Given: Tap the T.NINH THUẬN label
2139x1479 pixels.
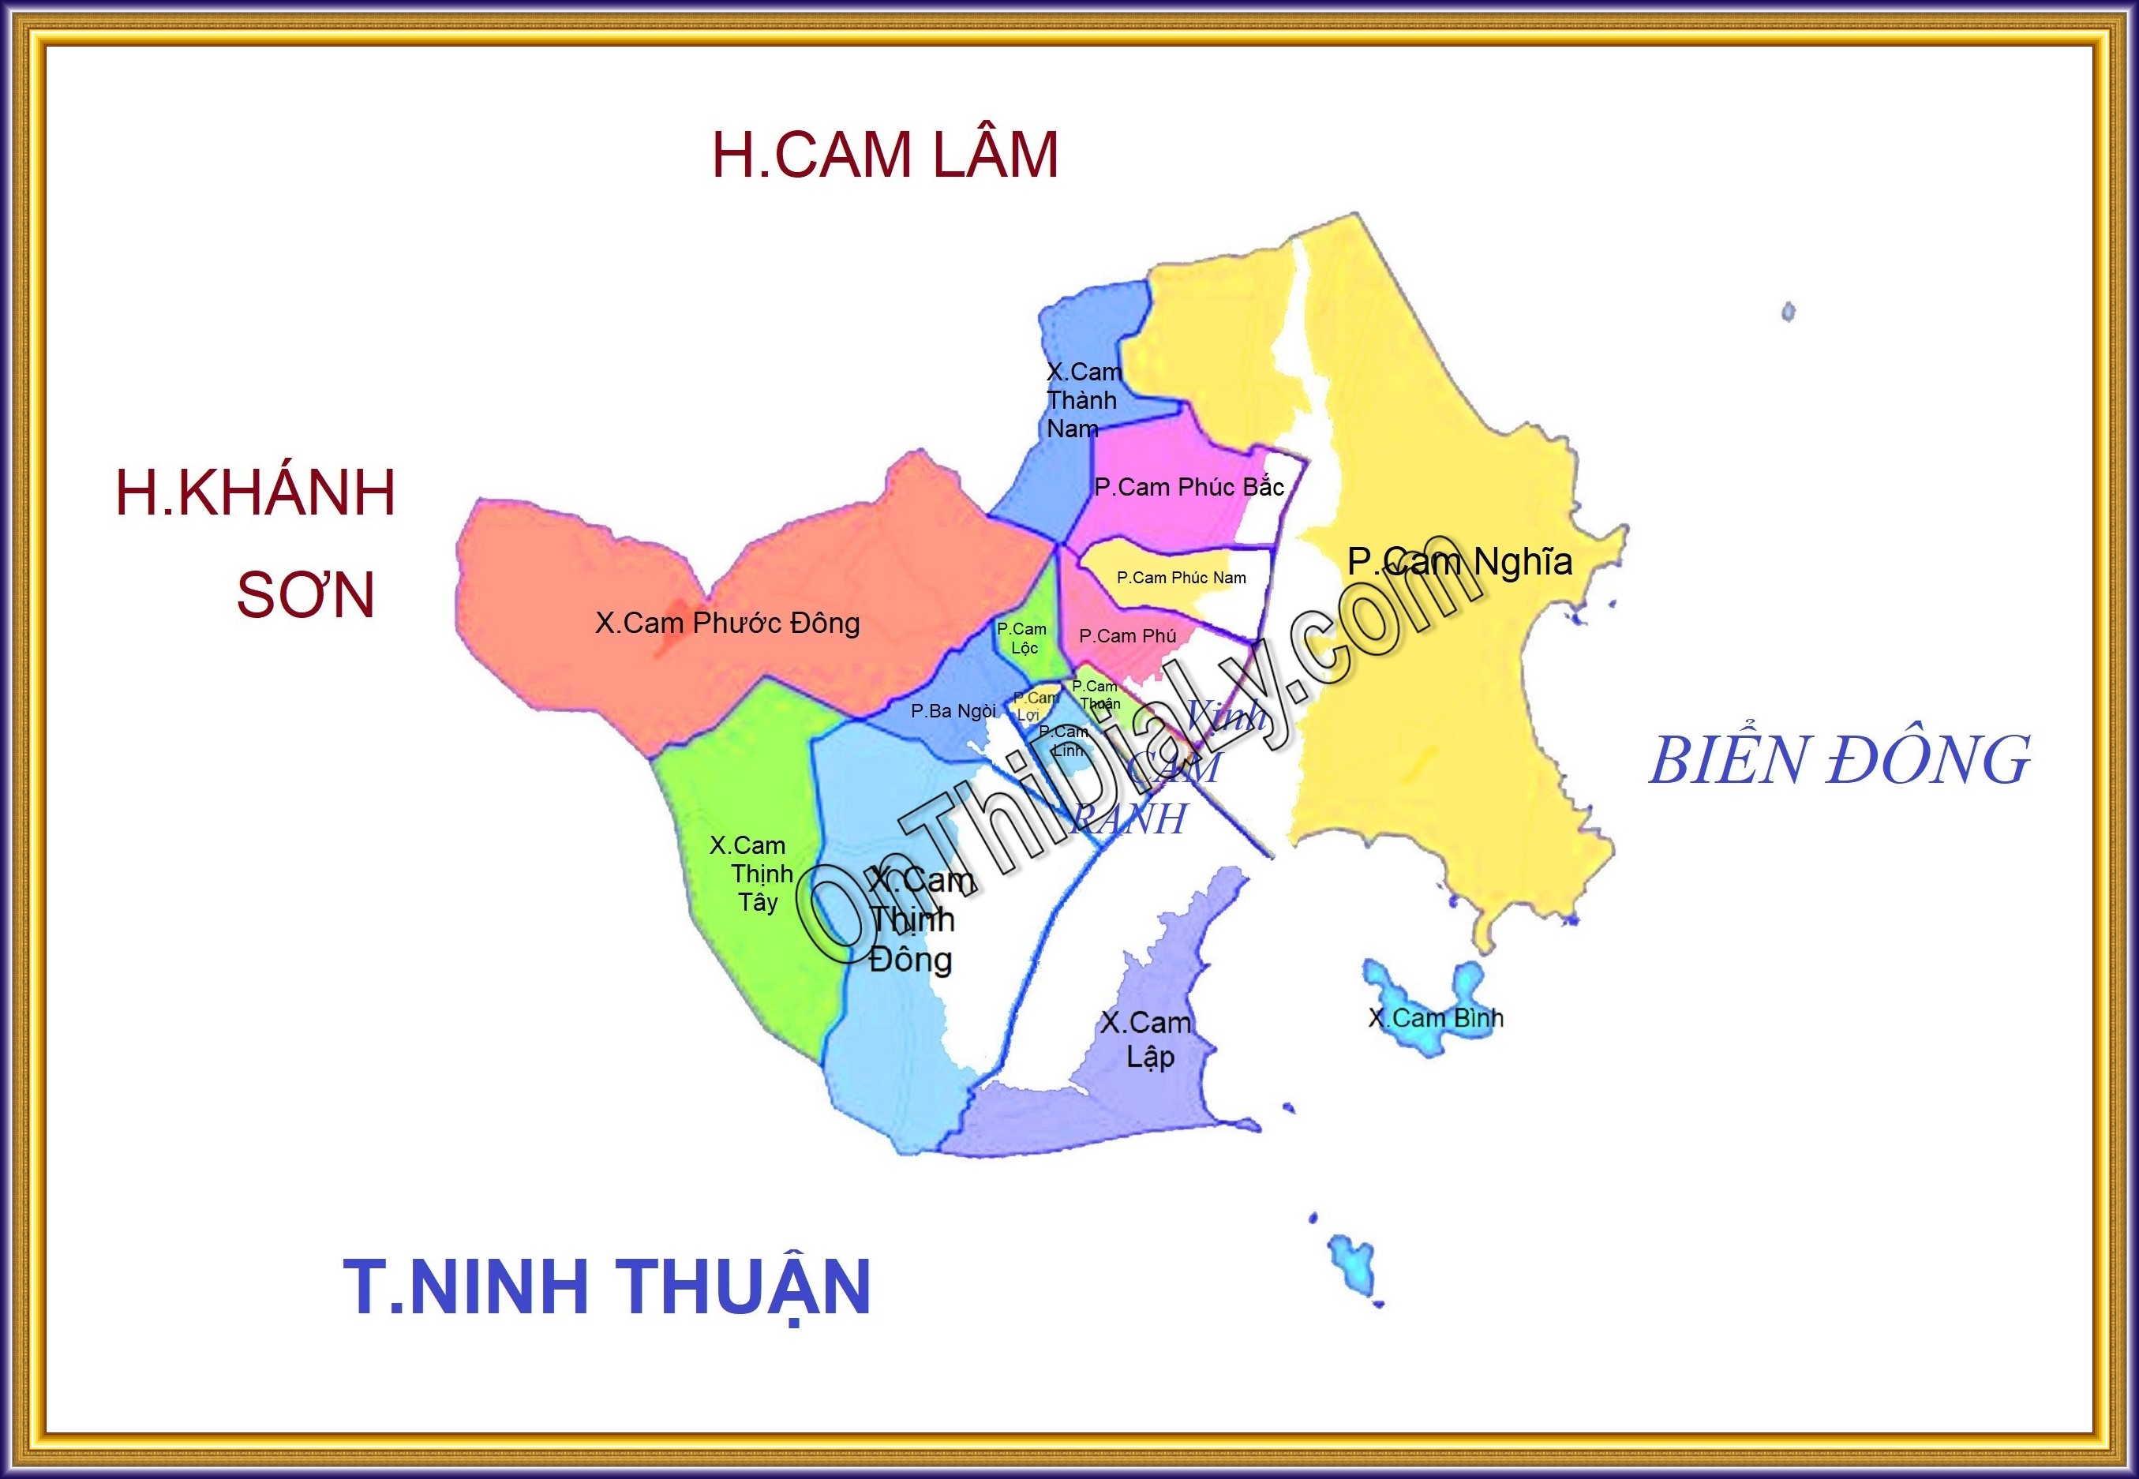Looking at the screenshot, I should (x=607, y=1286).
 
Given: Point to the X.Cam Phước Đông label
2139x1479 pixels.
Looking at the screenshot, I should (x=728, y=623).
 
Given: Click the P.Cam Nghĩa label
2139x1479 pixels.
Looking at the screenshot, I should (x=1459, y=562).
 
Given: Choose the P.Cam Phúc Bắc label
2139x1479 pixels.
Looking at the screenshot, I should (x=1188, y=488).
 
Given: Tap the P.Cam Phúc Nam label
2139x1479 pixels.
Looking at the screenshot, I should (x=1181, y=578).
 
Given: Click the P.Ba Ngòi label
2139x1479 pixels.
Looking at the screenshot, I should (x=953, y=711).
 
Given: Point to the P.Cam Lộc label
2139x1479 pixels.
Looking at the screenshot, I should (x=1021, y=638).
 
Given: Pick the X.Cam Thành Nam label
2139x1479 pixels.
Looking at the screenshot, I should (x=1082, y=400).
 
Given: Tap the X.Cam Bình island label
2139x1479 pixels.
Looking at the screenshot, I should (x=1436, y=1017).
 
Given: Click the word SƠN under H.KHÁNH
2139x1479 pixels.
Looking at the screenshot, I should (x=305, y=595).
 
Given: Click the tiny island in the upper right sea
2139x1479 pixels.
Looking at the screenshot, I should (x=1789, y=312).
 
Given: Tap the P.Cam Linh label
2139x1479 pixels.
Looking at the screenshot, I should (x=1062, y=741).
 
